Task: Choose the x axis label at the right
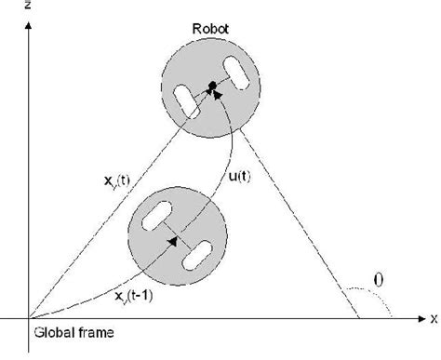433,319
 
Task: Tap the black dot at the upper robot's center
213,87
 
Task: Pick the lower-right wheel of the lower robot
198,250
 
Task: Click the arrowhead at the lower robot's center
174,238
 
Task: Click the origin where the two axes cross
29,318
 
